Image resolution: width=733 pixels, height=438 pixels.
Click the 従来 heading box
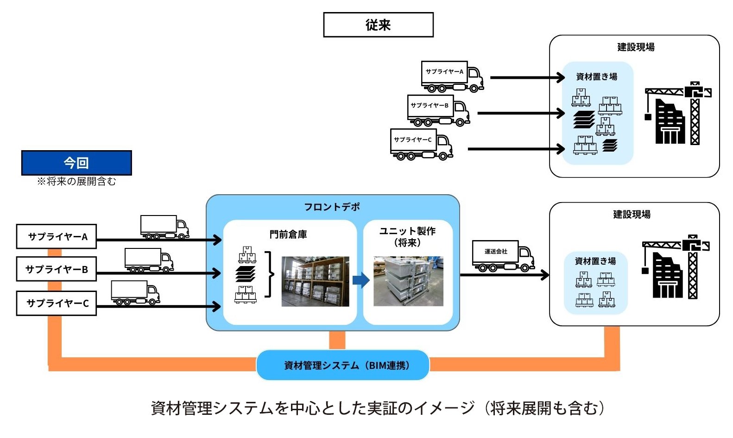point(378,25)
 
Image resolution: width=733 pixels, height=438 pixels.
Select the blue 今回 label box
point(76,163)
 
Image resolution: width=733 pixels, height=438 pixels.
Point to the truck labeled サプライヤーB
point(438,110)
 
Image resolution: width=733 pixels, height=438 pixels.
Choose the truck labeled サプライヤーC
point(421,144)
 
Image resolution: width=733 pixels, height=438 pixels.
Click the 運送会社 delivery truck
point(503,256)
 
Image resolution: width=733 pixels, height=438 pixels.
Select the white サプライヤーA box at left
point(57,236)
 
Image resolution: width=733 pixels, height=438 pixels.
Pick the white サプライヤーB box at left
point(57,269)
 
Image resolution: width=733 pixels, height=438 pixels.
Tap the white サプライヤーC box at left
point(57,303)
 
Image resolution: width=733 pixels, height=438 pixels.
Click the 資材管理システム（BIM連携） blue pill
point(343,365)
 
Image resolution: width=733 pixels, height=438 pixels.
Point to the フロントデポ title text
point(332,207)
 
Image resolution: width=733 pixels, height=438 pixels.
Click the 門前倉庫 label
point(288,235)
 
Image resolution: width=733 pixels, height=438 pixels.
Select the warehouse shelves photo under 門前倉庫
point(315,281)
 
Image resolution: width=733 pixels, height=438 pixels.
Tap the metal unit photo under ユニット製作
point(408,281)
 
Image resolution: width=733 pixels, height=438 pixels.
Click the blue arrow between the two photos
point(361,280)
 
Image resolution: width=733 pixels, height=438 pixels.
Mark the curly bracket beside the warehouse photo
point(269,274)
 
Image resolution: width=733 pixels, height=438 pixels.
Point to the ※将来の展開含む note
point(76,182)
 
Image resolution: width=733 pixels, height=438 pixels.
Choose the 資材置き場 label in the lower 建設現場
point(595,261)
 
